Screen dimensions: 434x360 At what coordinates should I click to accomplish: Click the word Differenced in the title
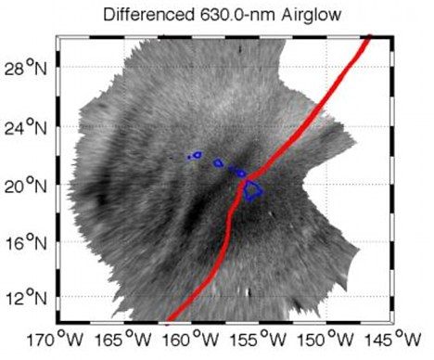[x=147, y=15]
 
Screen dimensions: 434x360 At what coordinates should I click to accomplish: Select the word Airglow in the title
[x=312, y=16]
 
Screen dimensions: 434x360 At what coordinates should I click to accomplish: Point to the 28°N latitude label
[x=26, y=67]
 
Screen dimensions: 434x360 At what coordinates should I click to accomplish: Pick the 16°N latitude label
[x=26, y=242]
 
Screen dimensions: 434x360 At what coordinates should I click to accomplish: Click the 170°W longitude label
[x=56, y=340]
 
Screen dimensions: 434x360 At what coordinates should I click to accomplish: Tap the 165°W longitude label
[x=123, y=340]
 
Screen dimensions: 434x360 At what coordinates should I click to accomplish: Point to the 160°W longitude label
[x=191, y=340]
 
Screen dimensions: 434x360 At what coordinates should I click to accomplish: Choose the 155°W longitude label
[x=258, y=340]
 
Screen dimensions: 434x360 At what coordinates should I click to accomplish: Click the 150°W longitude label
[x=325, y=340]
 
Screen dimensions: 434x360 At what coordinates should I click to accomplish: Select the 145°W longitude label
[x=393, y=340]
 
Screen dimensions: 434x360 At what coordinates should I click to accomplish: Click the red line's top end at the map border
[x=369, y=36]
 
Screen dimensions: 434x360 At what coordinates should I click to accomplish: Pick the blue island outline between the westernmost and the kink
[x=218, y=162]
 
